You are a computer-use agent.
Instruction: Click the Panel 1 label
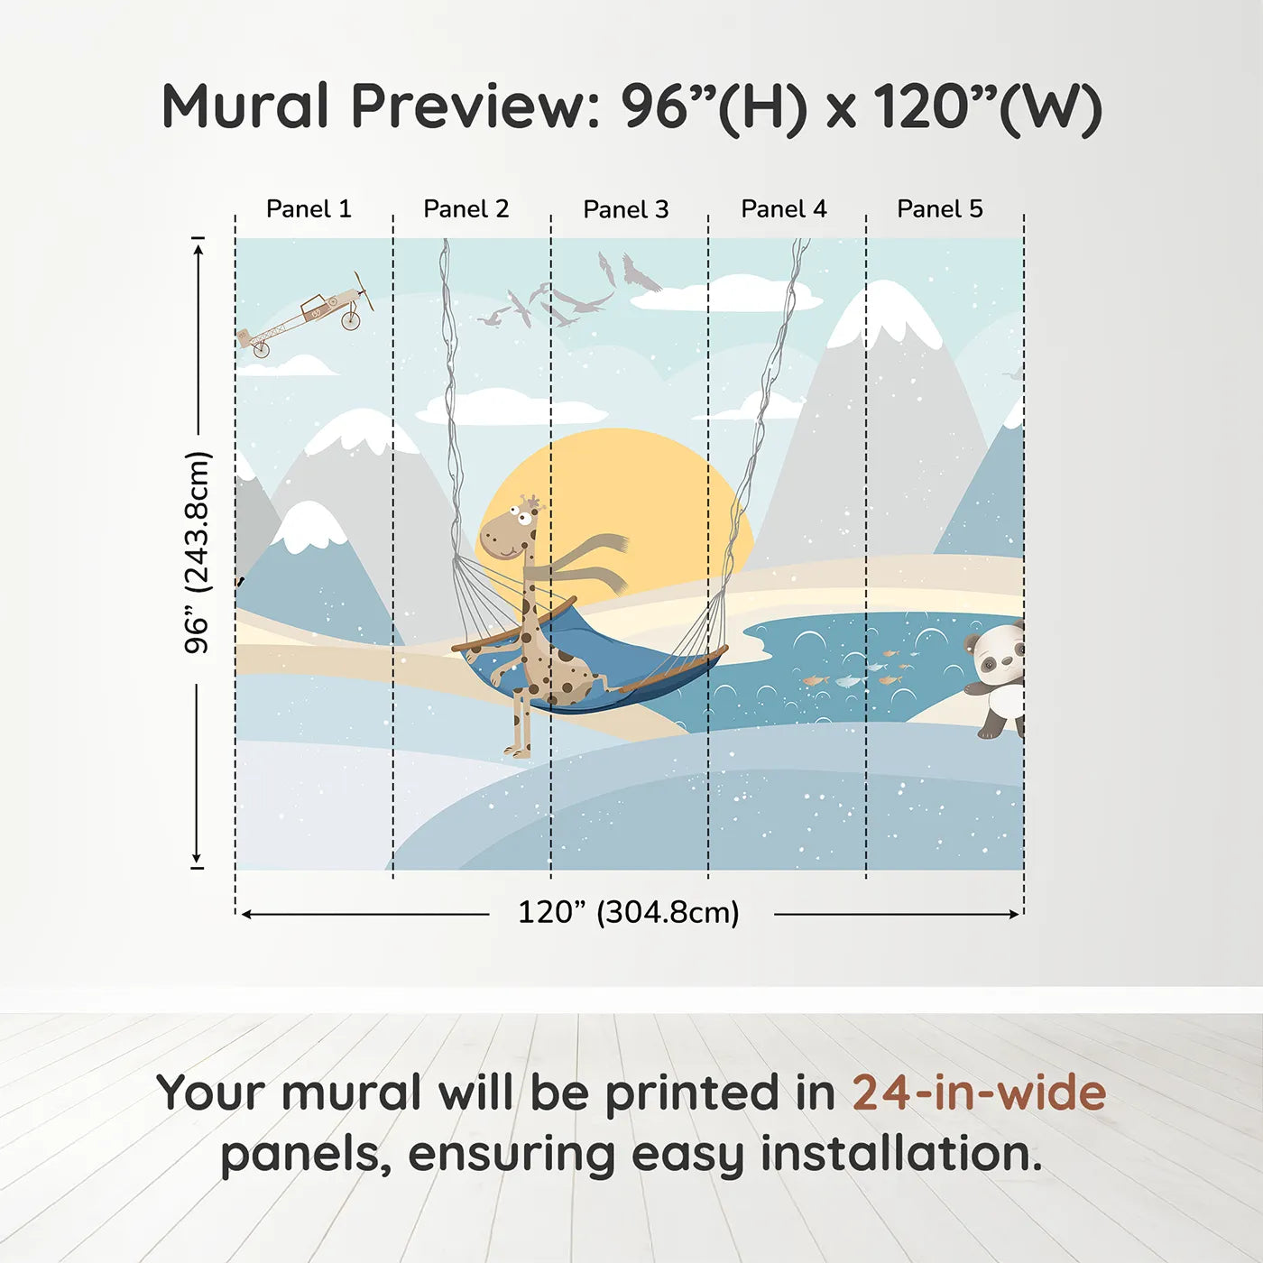click(x=309, y=209)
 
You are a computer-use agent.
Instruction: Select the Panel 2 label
click(x=466, y=209)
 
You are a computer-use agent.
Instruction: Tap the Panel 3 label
click(x=626, y=209)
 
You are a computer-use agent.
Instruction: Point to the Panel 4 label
click(x=784, y=209)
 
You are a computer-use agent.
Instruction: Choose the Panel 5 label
click(x=940, y=209)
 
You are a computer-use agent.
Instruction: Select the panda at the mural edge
click(x=993, y=679)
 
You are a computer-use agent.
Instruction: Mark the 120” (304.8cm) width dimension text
click(x=629, y=912)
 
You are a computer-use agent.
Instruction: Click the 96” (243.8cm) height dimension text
click(x=197, y=552)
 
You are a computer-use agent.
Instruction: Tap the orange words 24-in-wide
click(x=979, y=1092)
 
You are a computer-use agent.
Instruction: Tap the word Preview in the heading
click(x=475, y=106)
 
